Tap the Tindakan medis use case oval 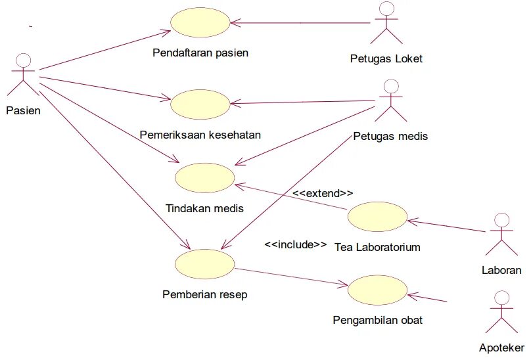pyautogui.click(x=205, y=177)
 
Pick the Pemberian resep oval pyautogui.click(x=205, y=263)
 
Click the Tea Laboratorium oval pyautogui.click(x=377, y=217)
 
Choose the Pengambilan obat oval pyautogui.click(x=377, y=291)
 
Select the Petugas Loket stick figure pyautogui.click(x=386, y=24)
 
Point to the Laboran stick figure pyautogui.click(x=501, y=235)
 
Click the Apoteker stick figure pyautogui.click(x=501, y=312)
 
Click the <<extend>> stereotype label pyautogui.click(x=323, y=193)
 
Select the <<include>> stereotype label pyautogui.click(x=295, y=244)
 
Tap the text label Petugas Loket pyautogui.click(x=386, y=58)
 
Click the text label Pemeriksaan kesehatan pyautogui.click(x=200, y=135)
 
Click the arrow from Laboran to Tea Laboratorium pyautogui.click(x=447, y=226)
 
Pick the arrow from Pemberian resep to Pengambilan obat pyautogui.click(x=289, y=277)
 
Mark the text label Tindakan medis pyautogui.click(x=205, y=209)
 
